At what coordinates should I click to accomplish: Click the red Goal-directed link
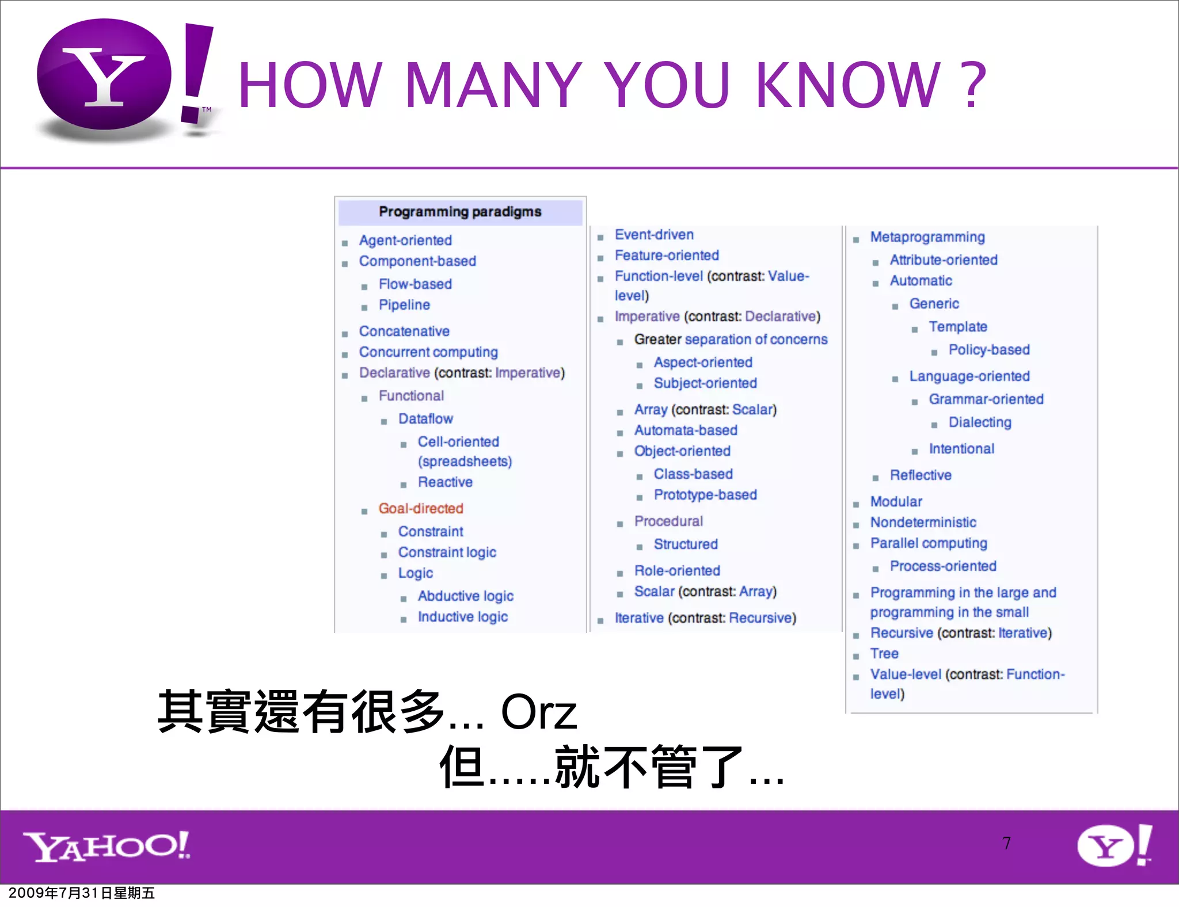point(421,508)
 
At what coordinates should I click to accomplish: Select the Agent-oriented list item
point(405,240)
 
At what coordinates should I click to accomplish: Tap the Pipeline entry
point(404,304)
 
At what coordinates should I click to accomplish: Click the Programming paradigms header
point(460,212)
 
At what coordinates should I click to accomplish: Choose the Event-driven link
point(654,234)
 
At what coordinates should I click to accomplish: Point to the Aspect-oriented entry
point(703,362)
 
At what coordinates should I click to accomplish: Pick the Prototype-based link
point(705,494)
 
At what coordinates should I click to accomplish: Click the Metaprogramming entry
point(927,237)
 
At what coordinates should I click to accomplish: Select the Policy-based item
point(989,349)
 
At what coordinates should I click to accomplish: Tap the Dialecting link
point(980,422)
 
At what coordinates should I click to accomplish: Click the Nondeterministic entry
point(923,522)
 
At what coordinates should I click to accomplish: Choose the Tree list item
point(884,653)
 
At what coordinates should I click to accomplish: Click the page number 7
point(1006,843)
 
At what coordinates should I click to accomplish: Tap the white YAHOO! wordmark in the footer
point(107,846)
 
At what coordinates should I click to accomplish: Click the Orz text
point(539,712)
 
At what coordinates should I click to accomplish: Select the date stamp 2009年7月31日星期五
point(82,893)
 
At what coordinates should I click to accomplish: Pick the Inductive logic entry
point(463,616)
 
